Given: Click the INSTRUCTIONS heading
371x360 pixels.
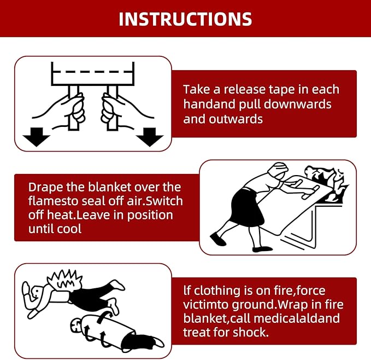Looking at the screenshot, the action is click(x=185, y=19).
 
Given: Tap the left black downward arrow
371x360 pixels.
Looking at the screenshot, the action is click(x=36, y=137).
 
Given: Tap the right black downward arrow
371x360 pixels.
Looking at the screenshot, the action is click(x=150, y=137).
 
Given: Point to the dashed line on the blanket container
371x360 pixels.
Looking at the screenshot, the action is click(x=92, y=71).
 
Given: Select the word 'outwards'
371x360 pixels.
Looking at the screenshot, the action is click(x=236, y=119).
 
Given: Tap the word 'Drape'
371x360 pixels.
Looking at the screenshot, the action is click(x=46, y=188).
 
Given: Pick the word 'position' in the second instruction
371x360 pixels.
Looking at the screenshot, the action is click(x=150, y=216).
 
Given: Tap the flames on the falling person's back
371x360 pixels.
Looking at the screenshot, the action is click(x=65, y=280).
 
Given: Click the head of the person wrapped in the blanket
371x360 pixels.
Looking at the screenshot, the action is click(x=76, y=325).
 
